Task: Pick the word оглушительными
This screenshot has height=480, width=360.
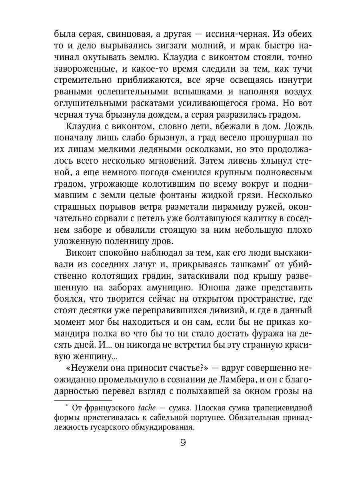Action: (87, 103)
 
